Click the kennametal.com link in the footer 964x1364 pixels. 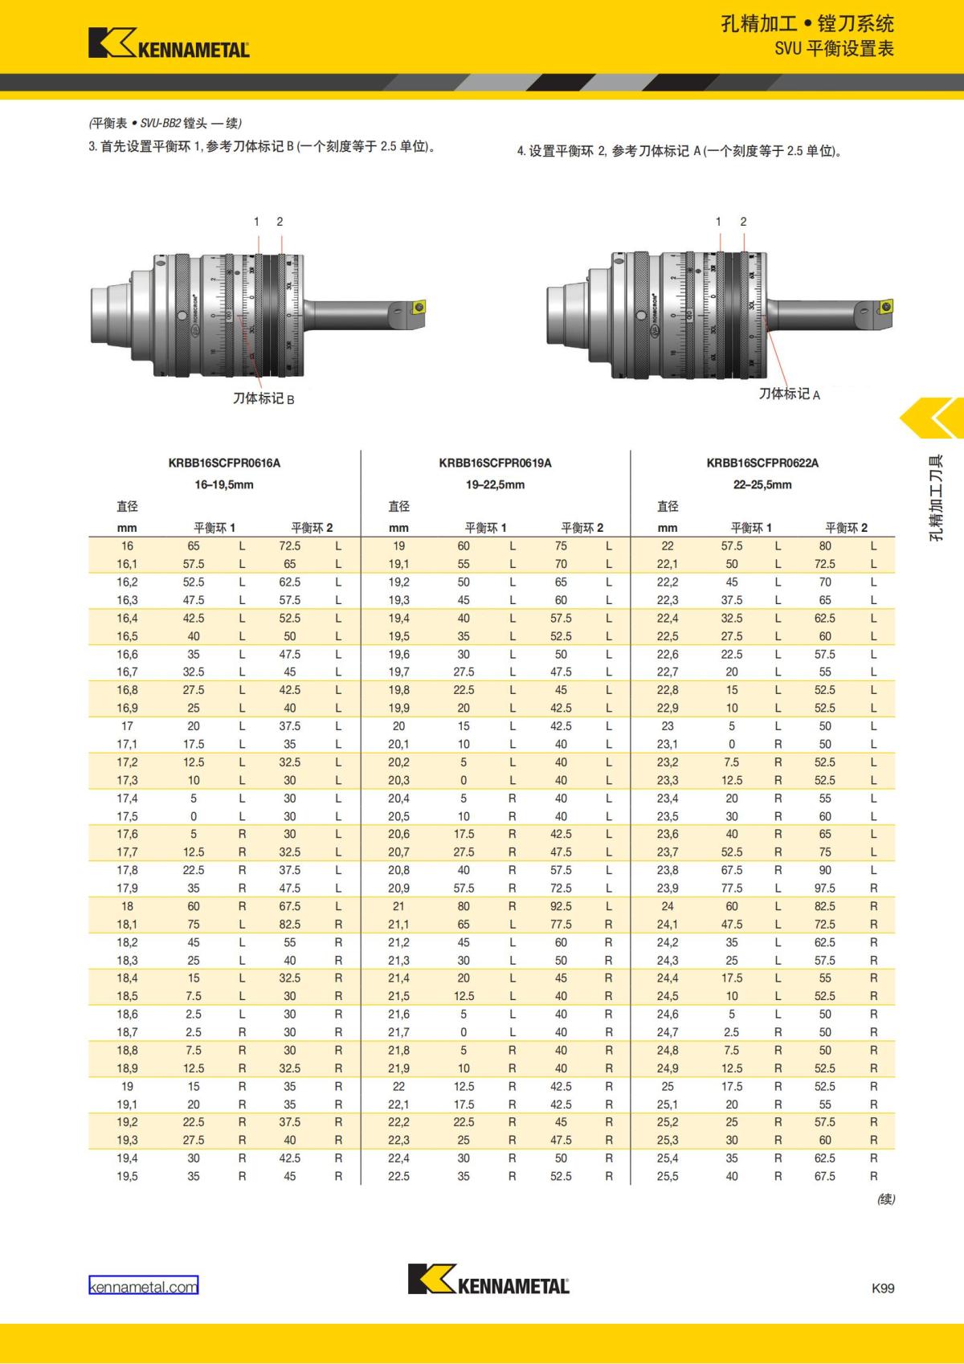pos(143,1286)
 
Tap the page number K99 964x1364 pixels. pos(882,1287)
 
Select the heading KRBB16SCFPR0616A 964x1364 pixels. pos(224,463)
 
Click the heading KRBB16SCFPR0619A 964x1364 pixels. pos(495,463)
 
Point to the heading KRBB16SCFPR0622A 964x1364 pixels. pos(762,463)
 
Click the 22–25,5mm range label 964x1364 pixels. pos(762,484)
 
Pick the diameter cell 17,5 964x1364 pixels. pos(127,816)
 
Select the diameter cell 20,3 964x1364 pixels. pos(399,780)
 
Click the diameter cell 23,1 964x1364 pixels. pos(668,744)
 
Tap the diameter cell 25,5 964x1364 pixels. pos(668,1176)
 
